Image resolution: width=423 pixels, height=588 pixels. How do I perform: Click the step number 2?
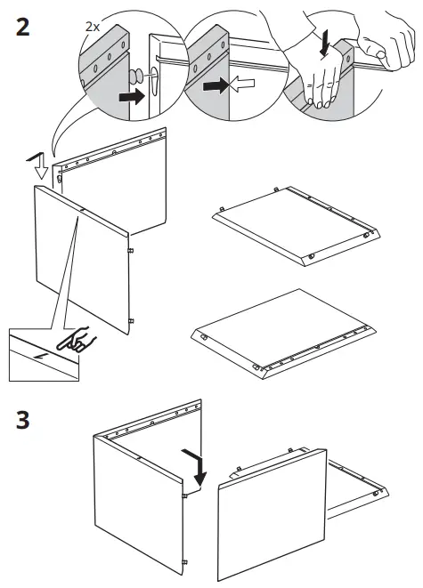coord(24,26)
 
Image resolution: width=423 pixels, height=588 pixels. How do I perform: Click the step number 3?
coord(23,419)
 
